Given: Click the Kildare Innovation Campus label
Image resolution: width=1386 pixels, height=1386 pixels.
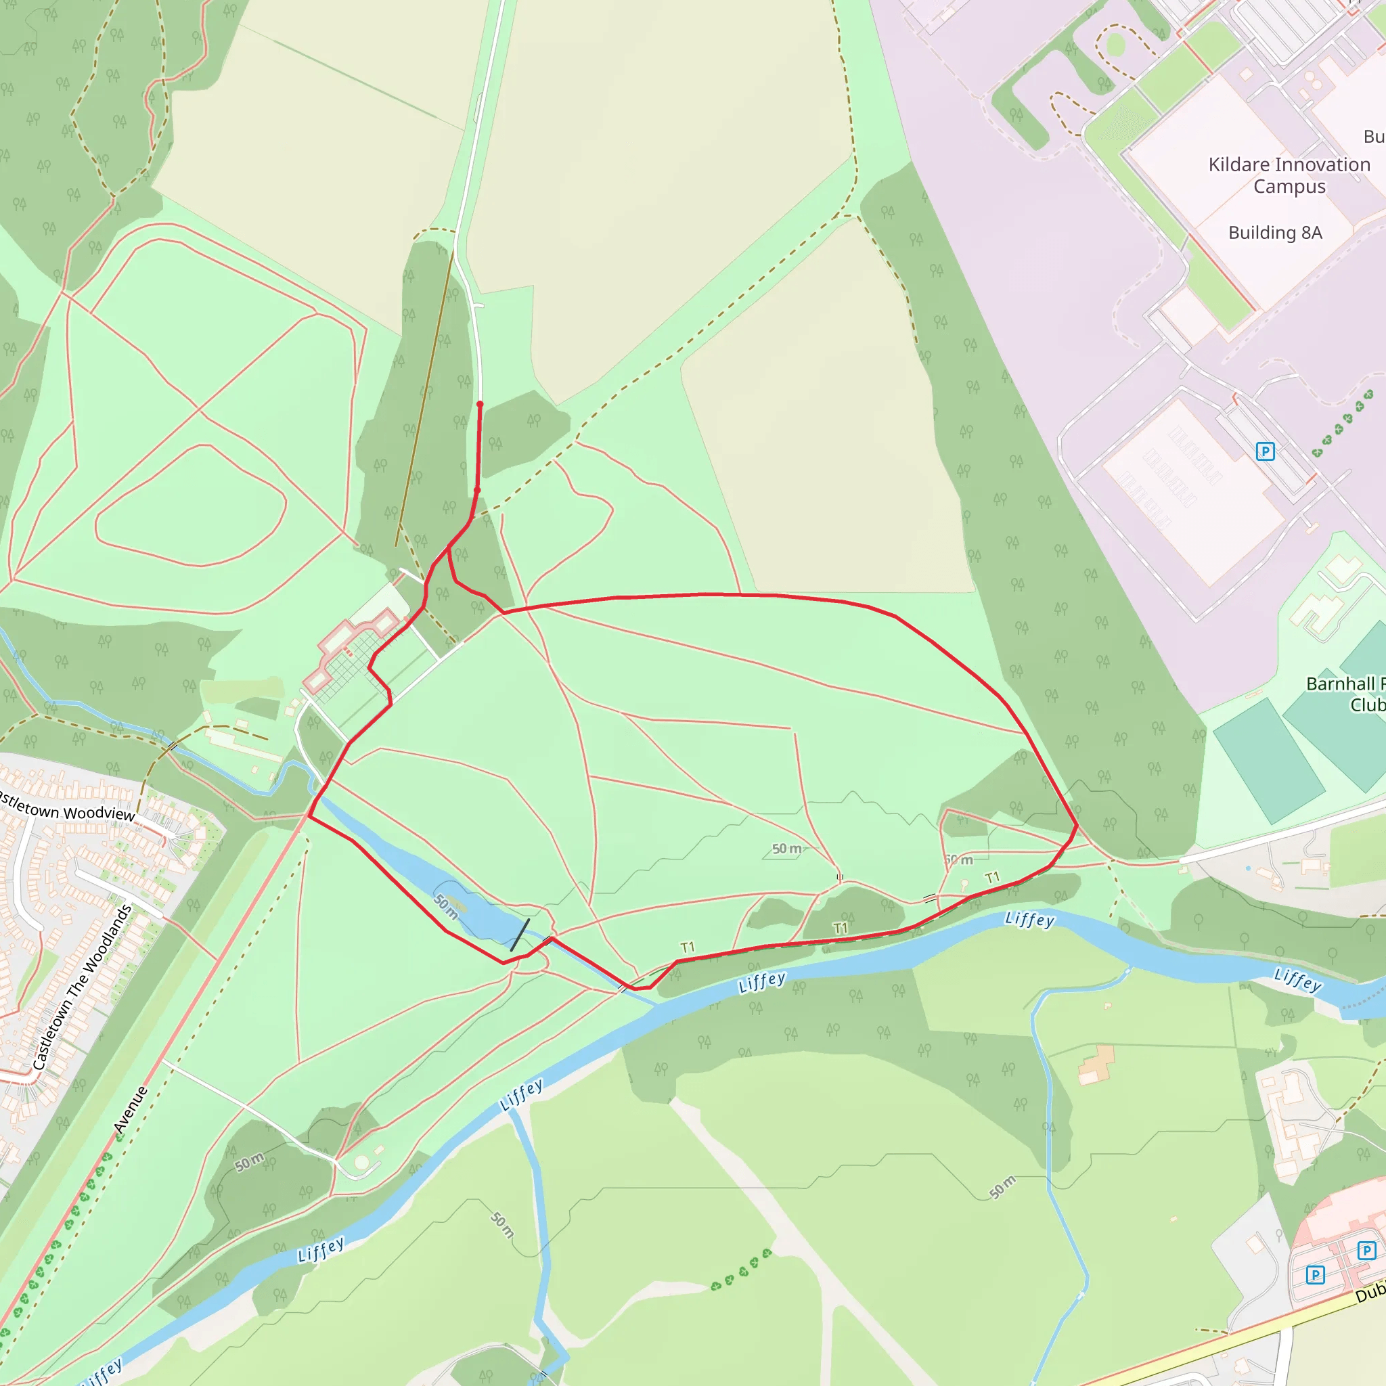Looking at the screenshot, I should [x=1289, y=175].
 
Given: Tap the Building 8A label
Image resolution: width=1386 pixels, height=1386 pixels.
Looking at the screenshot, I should [x=1275, y=232].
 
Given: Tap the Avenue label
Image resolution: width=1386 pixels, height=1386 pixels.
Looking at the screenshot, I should [x=131, y=1110].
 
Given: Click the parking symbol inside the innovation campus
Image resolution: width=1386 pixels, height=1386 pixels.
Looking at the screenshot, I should [x=1266, y=451].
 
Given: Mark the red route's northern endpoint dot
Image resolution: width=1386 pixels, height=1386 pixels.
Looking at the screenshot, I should [x=480, y=405].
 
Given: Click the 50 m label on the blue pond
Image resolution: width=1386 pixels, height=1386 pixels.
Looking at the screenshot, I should [x=446, y=907].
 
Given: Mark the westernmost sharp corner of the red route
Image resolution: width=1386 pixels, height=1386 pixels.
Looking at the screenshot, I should [x=309, y=815].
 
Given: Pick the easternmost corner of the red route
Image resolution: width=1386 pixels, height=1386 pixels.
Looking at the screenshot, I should [x=1077, y=825].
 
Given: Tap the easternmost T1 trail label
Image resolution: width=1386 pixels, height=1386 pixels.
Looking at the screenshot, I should [x=992, y=877].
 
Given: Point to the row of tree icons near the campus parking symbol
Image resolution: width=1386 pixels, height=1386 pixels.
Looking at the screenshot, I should [x=1342, y=424].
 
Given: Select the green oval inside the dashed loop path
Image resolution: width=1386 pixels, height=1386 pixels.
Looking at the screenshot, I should [x=1115, y=45].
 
